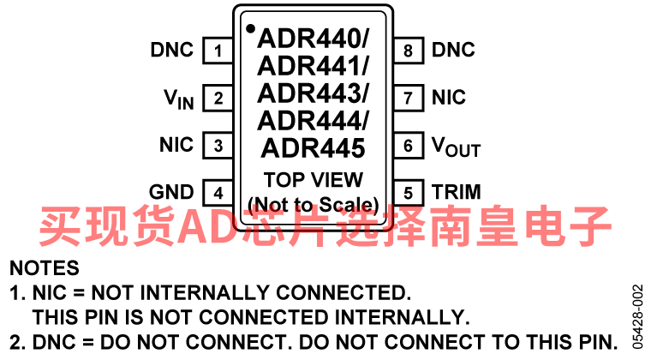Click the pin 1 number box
[x=218, y=51]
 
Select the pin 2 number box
[x=218, y=98]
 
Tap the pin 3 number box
[x=218, y=145]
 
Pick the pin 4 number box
[x=218, y=192]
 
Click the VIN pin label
[x=179, y=99]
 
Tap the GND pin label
[x=171, y=192]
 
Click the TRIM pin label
[x=456, y=192]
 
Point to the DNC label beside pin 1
[x=172, y=51]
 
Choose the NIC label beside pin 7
[x=449, y=98]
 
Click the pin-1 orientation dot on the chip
[x=250, y=29]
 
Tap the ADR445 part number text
[x=313, y=147]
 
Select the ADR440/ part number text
[x=313, y=39]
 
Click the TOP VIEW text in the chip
[x=313, y=180]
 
